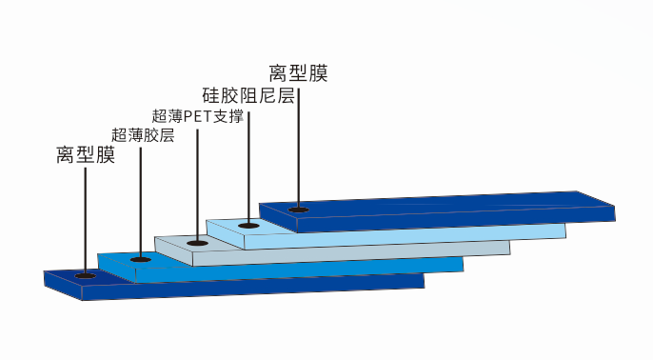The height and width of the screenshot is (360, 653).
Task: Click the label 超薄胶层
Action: [x=143, y=135]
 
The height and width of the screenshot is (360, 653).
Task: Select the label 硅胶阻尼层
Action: [x=248, y=96]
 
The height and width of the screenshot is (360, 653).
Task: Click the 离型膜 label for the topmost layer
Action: [x=298, y=73]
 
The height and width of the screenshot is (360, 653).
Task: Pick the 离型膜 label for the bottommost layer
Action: [x=85, y=155]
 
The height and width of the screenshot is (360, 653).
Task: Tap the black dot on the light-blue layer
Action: [x=248, y=226]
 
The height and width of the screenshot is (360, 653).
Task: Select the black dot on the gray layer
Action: [x=197, y=243]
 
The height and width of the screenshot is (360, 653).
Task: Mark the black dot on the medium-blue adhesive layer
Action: [x=141, y=258]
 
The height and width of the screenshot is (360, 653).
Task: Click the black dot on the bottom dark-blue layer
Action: [x=85, y=275]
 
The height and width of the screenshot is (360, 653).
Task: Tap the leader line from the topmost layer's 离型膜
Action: [x=299, y=143]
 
